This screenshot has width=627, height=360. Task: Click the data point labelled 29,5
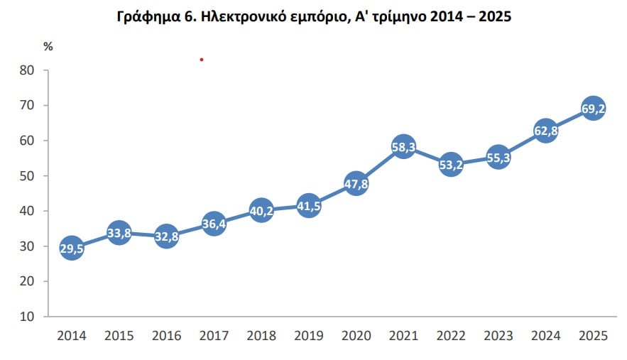(x=71, y=249)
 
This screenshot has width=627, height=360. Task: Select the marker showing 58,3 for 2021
(x=403, y=147)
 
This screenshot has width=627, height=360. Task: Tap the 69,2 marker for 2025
(x=593, y=109)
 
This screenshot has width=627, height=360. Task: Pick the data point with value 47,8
(x=356, y=184)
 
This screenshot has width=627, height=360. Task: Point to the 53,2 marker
(x=451, y=165)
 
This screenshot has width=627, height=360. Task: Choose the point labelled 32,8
(x=166, y=236)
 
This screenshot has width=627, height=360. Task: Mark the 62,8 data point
(x=545, y=131)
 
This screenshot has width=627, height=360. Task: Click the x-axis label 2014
(x=71, y=337)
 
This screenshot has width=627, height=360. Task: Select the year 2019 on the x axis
(x=309, y=337)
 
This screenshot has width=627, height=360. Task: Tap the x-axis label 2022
(x=451, y=337)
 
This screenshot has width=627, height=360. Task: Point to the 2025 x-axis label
(x=593, y=337)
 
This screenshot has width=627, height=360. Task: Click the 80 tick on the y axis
(x=27, y=70)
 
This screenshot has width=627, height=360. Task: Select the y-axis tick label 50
(x=27, y=175)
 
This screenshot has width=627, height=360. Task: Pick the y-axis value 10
(x=27, y=316)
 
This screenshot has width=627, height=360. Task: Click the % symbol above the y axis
(x=48, y=47)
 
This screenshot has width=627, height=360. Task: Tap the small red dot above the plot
(x=202, y=60)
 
